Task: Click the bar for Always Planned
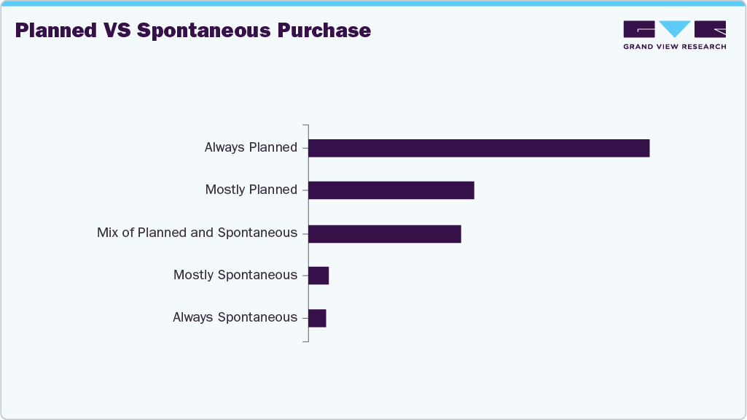(x=479, y=148)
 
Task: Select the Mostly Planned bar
(x=391, y=190)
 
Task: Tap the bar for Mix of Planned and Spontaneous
(x=385, y=233)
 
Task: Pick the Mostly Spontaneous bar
(x=318, y=276)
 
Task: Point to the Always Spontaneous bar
(x=317, y=318)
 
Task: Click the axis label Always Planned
(x=251, y=147)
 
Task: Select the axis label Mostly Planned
(x=251, y=190)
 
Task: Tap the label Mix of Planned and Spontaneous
(x=197, y=233)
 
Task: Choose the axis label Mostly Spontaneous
(x=235, y=275)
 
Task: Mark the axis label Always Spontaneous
(x=235, y=317)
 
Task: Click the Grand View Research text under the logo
(x=674, y=47)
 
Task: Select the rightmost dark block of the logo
(x=710, y=29)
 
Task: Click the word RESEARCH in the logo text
(x=704, y=47)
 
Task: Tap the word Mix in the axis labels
(x=108, y=233)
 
